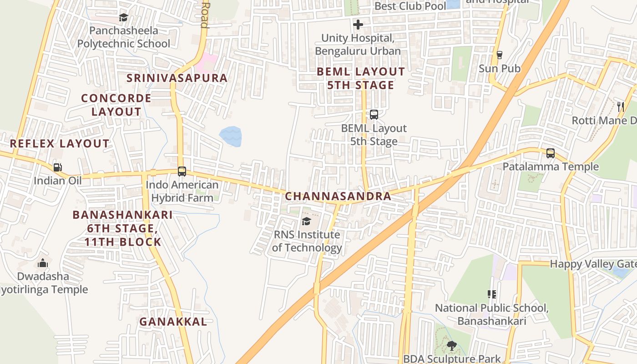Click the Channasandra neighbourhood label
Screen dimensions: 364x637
point(338,196)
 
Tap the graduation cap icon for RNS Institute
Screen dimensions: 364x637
point(306,221)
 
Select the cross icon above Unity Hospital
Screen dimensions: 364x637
point(358,25)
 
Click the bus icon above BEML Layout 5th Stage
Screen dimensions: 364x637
point(374,115)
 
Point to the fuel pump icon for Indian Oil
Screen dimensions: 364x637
point(57,167)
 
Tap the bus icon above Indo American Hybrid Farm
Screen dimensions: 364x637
point(182,172)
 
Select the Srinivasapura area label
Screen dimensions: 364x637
point(177,78)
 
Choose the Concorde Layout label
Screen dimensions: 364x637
point(116,105)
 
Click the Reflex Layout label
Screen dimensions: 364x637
point(60,143)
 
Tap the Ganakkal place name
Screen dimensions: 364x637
point(173,322)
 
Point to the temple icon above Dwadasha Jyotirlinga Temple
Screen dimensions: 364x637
point(43,263)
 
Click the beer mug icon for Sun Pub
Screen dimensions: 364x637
point(500,55)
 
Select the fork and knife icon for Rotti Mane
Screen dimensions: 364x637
point(621,107)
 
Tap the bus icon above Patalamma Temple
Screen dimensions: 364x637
point(551,153)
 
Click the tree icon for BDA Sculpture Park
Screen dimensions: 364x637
point(451,346)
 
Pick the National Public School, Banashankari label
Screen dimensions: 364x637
point(491,314)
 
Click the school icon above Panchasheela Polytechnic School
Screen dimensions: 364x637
point(123,18)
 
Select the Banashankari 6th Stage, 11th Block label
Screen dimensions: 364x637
point(123,228)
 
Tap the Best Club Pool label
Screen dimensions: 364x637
point(410,6)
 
